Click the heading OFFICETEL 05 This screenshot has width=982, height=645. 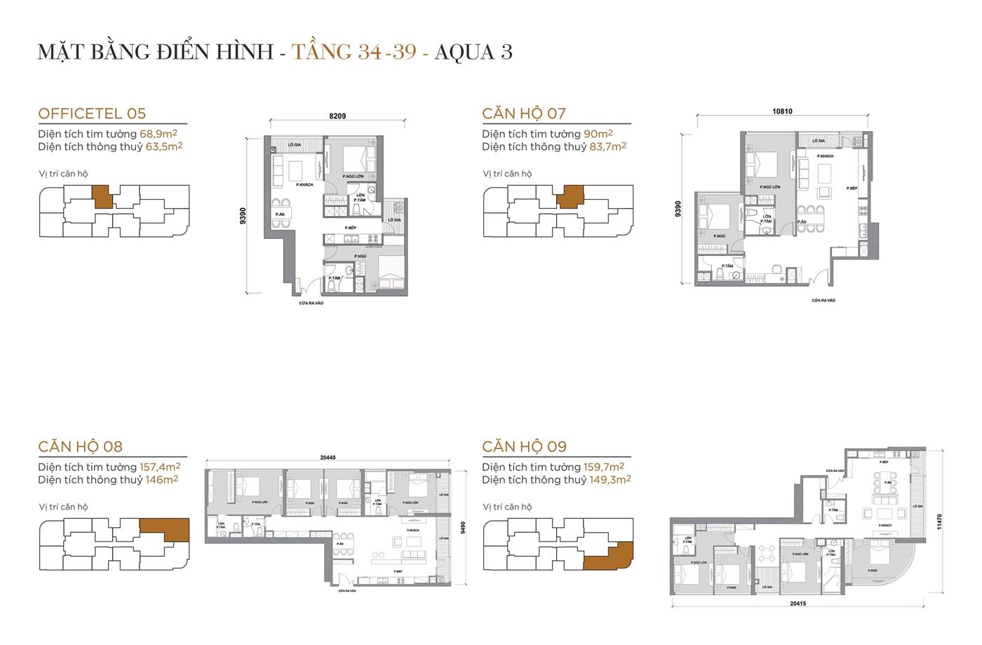pyautogui.click(x=92, y=114)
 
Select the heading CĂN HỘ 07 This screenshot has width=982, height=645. pyautogui.click(x=524, y=114)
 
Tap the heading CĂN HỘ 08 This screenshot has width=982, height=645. pyautogui.click(x=81, y=447)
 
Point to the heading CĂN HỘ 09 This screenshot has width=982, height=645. pyautogui.click(x=524, y=447)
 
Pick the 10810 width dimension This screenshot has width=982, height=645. pyautogui.click(x=782, y=111)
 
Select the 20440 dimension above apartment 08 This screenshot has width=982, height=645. pyautogui.click(x=328, y=458)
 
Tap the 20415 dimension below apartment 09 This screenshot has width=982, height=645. pyautogui.click(x=798, y=603)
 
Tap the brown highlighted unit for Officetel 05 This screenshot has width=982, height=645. pyautogui.click(x=102, y=196)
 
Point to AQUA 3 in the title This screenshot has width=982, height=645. pyautogui.click(x=473, y=52)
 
